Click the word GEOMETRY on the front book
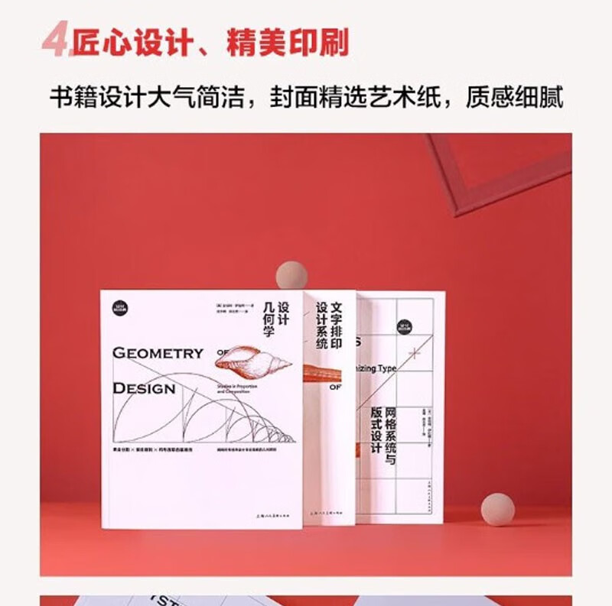(158, 353)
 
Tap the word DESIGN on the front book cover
(144, 388)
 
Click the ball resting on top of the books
(291, 275)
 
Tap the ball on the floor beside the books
(498, 509)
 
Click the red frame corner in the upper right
(497, 172)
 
